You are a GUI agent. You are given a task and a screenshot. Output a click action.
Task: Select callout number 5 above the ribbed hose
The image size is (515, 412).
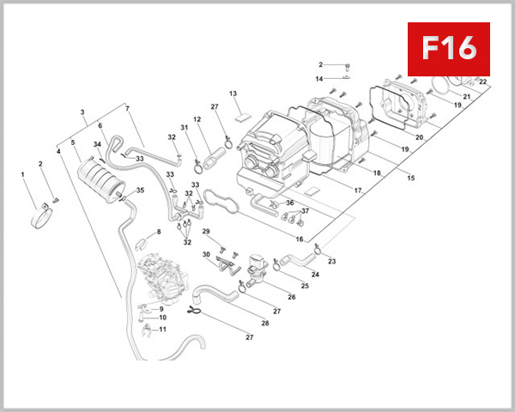point(73,143)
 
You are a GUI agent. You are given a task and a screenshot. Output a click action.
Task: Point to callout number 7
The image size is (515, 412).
point(127,109)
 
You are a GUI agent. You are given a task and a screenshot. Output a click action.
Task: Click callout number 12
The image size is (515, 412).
point(197,120)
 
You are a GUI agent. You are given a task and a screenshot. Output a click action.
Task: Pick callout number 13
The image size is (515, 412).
point(233,94)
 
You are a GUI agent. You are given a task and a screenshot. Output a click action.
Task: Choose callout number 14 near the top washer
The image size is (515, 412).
point(319,79)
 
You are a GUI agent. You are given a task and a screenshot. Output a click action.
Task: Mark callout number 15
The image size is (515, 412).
point(411,179)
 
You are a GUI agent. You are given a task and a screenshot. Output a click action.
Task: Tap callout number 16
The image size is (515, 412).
point(300,239)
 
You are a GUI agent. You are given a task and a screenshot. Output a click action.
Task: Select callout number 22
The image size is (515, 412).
point(482,82)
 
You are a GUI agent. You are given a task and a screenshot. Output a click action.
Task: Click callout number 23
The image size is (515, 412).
point(332,261)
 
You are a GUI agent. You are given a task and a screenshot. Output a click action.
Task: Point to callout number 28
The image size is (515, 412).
point(265,324)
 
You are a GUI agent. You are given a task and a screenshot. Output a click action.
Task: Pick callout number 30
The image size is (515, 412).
point(207,255)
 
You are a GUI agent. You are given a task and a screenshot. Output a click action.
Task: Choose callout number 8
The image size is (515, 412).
point(158,233)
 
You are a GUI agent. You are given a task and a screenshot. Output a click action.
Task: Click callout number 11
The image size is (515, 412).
point(163,329)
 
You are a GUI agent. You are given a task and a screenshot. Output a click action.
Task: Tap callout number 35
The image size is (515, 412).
point(141,191)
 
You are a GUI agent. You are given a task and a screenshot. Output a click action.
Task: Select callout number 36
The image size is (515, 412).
point(290,203)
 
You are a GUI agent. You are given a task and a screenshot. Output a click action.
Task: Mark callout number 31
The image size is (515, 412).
point(184,128)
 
